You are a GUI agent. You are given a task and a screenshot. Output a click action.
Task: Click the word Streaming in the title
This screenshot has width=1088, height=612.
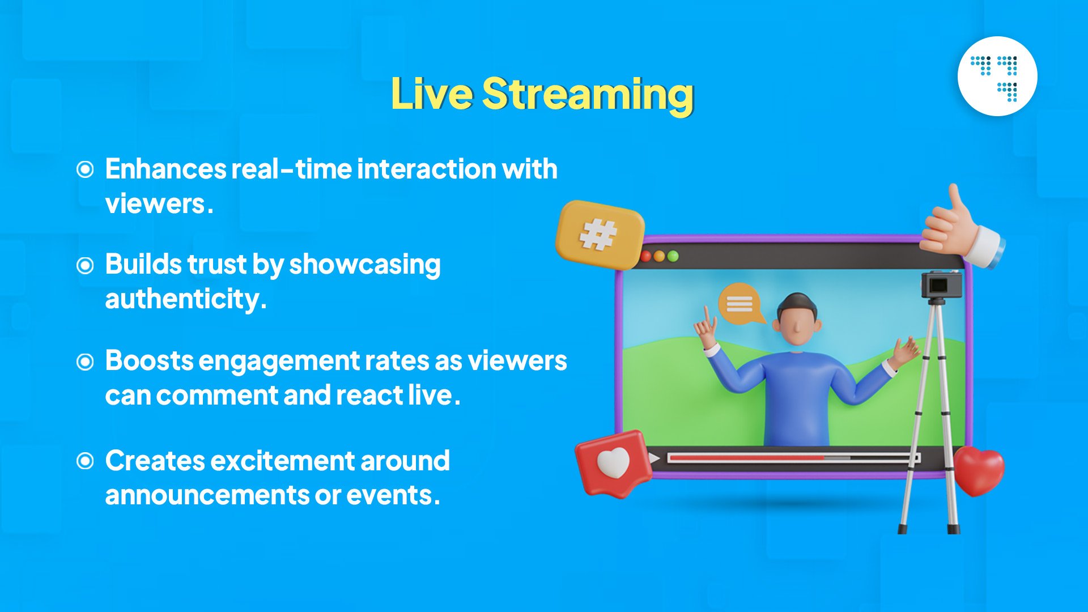[588, 95]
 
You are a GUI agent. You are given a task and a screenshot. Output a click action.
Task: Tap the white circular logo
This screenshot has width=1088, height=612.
[997, 76]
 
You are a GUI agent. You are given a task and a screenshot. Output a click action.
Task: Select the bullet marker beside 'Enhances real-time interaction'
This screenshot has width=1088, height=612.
[85, 169]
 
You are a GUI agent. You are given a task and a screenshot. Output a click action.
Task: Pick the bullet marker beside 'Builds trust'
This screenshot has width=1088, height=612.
[85, 265]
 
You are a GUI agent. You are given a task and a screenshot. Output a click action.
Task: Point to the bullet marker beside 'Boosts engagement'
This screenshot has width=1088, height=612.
[85, 362]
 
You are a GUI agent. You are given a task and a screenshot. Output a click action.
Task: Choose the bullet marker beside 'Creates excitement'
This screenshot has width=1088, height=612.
[85, 461]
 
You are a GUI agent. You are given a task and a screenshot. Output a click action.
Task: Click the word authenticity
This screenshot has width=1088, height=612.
[185, 299]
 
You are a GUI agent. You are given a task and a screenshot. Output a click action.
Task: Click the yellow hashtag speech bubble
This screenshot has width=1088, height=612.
[600, 234]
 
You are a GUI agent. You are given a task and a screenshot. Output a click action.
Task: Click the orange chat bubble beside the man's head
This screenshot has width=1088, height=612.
[740, 304]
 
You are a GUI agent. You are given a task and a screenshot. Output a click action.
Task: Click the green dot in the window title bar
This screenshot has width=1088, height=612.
[673, 256]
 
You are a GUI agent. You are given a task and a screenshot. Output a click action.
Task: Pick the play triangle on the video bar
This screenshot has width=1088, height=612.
[654, 458]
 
